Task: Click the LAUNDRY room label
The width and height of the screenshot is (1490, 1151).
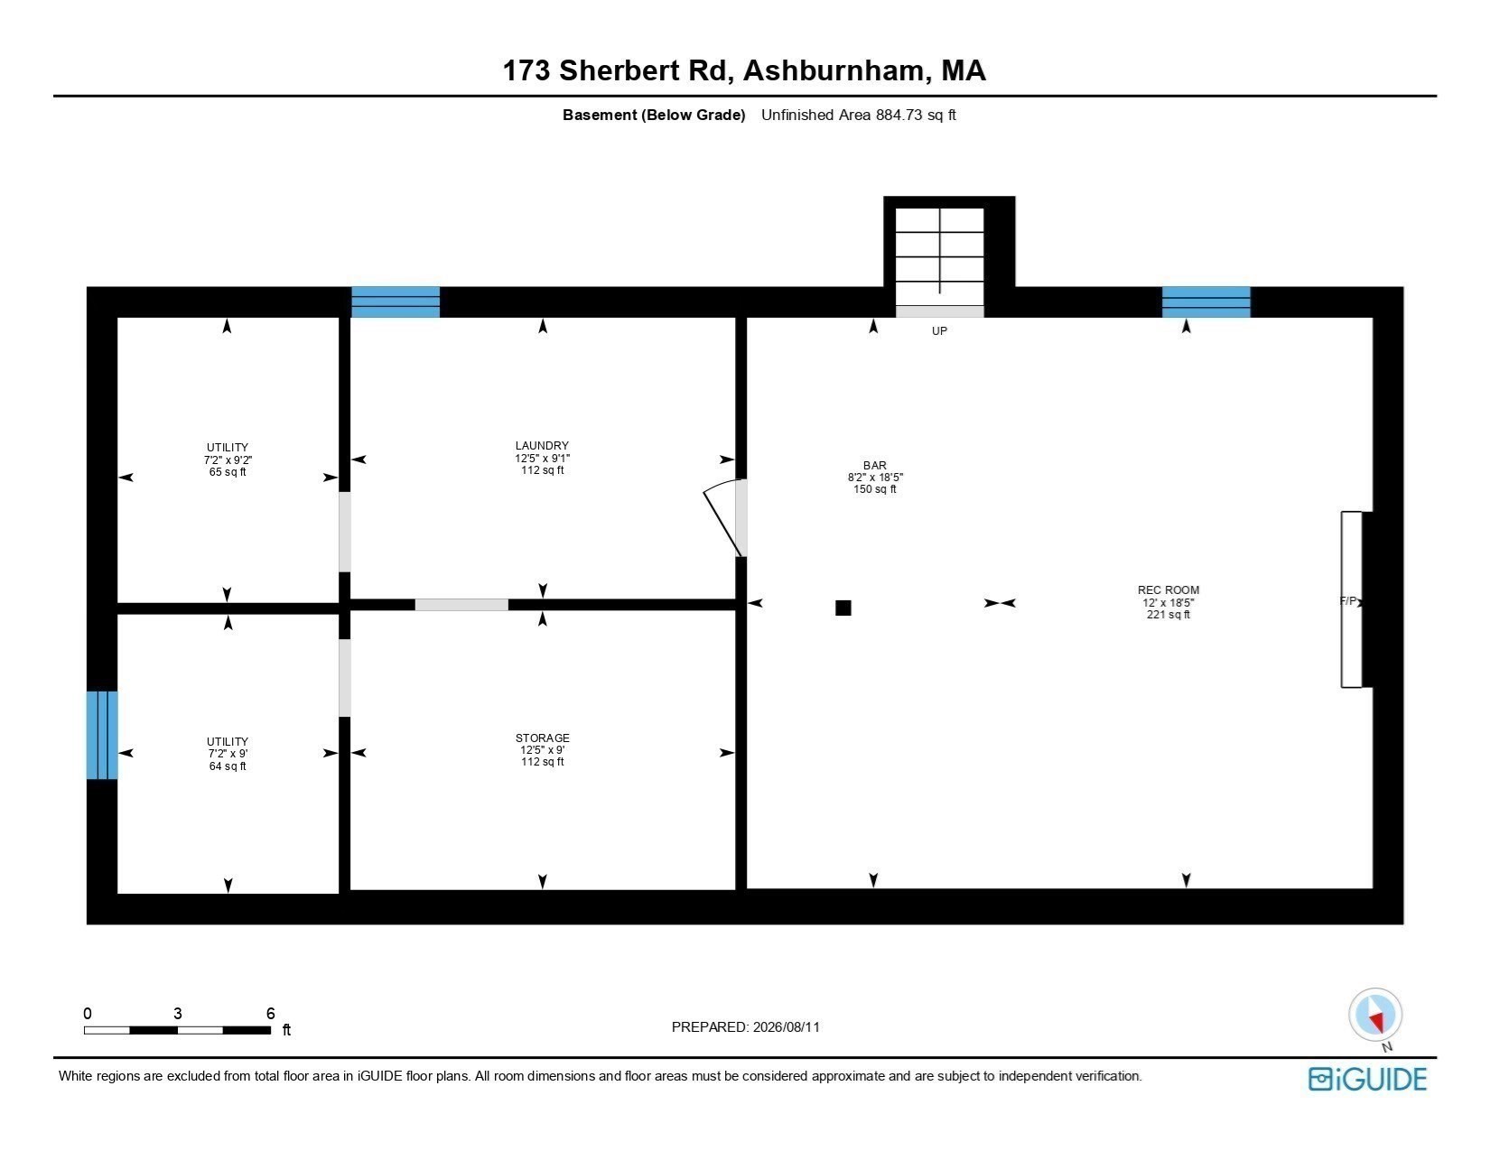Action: pos(542,446)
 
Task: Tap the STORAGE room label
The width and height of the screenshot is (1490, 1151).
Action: pos(543,738)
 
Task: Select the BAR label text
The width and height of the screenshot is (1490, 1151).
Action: pos(875,466)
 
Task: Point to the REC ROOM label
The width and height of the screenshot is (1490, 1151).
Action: pos(1169,590)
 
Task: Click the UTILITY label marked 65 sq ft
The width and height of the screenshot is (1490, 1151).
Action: pos(227,448)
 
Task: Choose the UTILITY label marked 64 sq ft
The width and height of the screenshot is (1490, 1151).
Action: pos(227,742)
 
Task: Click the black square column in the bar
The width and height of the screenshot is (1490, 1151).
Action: pos(843,608)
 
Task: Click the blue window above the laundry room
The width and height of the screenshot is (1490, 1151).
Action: pos(396,302)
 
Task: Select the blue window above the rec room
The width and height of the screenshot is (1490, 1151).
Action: pos(1206,302)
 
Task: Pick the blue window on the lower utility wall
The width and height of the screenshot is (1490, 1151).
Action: pos(102,736)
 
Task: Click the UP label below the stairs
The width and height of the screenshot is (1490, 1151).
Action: pos(939,331)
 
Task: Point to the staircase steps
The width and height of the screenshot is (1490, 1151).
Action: pos(940,257)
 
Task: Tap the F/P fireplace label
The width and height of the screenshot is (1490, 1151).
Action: pos(1348,601)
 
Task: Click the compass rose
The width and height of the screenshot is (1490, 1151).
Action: pos(1375,1016)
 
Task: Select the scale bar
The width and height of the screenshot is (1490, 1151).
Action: pos(177,1030)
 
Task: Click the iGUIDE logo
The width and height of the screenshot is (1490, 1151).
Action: pos(1368,1080)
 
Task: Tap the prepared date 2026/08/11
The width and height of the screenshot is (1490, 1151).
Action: pos(787,1027)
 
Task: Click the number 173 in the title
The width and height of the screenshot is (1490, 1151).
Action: pos(526,70)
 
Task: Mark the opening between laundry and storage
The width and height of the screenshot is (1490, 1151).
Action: pos(461,605)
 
